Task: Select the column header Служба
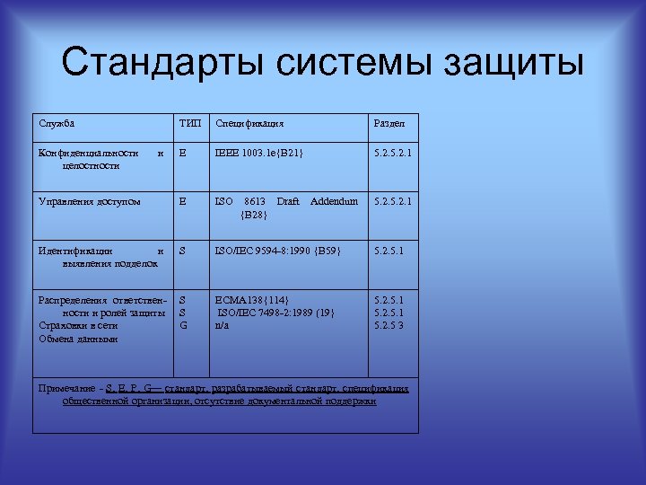tap(57, 122)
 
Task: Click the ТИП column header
tap(190, 122)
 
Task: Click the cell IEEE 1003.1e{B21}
tap(259, 154)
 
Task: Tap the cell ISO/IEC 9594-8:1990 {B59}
tap(278, 251)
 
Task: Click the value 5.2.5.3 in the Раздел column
tap(389, 325)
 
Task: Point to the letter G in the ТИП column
tap(183, 325)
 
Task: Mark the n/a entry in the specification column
tap(222, 325)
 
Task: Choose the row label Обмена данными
tap(78, 339)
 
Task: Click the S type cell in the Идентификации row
tap(183, 251)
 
